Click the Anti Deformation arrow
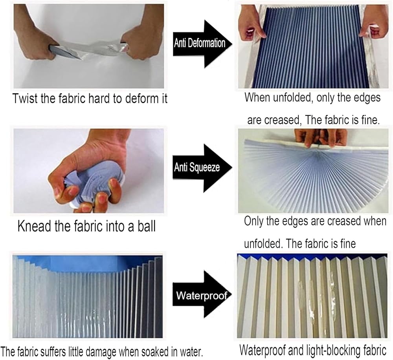[202, 44]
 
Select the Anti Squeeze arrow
[202, 168]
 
